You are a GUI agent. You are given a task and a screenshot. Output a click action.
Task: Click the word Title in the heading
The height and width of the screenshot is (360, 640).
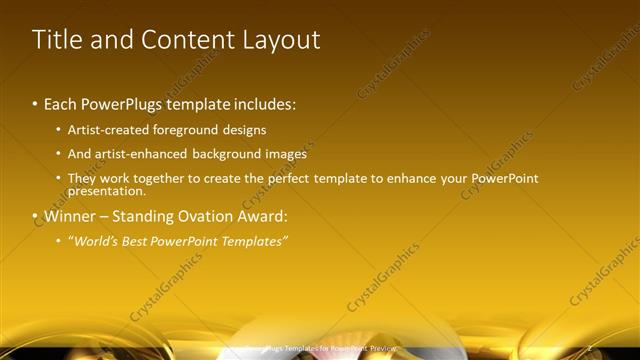57,40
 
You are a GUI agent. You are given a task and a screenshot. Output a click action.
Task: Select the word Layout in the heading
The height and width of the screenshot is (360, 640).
282,40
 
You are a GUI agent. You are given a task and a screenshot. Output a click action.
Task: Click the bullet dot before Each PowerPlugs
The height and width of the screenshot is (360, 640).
35,103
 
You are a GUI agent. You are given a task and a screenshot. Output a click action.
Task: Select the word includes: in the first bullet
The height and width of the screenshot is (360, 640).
265,103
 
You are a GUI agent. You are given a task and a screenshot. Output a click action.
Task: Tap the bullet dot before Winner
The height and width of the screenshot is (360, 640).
35,216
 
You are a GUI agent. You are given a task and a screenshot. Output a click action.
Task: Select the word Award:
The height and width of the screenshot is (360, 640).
263,216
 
